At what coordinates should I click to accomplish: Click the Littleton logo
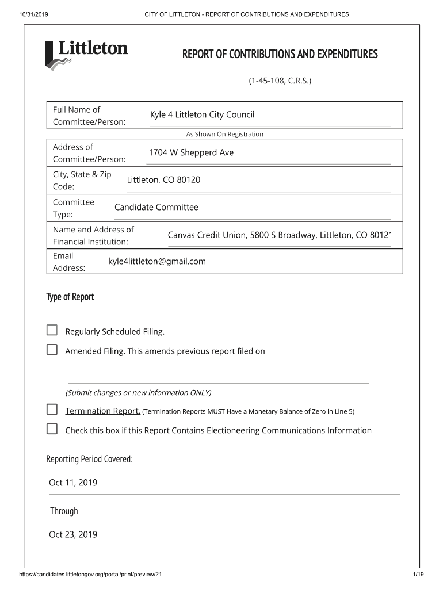click(x=86, y=54)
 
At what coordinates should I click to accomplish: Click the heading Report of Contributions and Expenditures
click(x=280, y=55)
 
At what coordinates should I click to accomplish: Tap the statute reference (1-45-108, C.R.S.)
click(x=280, y=81)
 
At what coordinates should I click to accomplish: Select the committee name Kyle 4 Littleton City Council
click(x=202, y=115)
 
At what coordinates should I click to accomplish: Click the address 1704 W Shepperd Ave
click(x=191, y=152)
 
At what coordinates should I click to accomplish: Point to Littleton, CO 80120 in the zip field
click(x=163, y=180)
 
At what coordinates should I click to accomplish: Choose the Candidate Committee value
click(x=156, y=207)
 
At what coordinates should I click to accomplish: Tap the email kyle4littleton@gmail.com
click(x=156, y=261)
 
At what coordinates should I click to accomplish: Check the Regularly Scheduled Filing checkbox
click(x=52, y=330)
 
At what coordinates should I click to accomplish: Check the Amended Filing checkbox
click(x=52, y=350)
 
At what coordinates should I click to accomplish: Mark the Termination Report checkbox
click(x=52, y=410)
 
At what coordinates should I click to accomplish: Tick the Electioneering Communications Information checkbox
click(x=52, y=429)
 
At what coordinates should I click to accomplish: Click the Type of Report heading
click(x=70, y=297)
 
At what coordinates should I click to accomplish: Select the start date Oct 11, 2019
click(x=73, y=483)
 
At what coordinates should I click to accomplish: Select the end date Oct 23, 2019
click(x=73, y=534)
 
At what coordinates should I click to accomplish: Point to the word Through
click(x=64, y=511)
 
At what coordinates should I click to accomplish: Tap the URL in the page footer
click(x=94, y=575)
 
